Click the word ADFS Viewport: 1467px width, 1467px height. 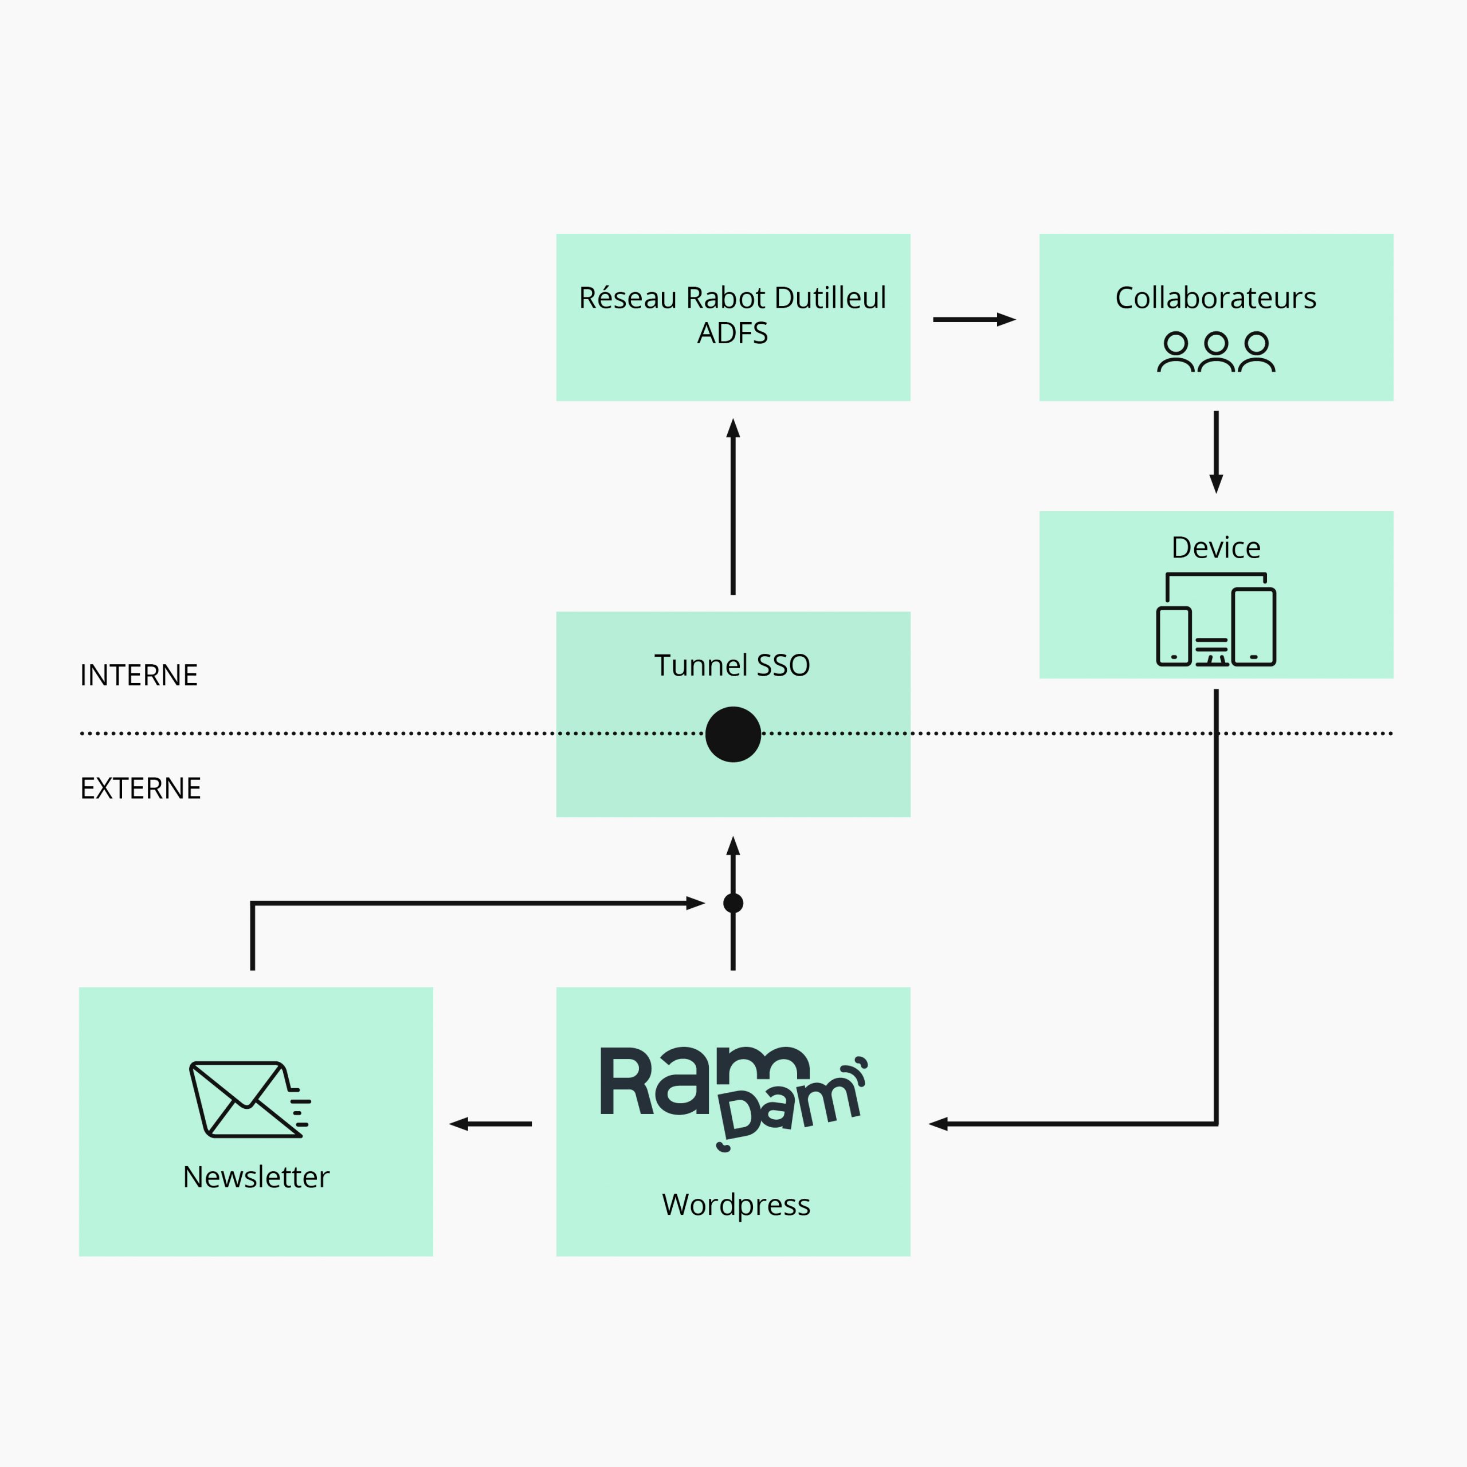(733, 334)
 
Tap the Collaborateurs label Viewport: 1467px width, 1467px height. (1215, 297)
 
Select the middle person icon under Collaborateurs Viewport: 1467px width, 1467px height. (1215, 351)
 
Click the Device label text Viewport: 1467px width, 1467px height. (1215, 547)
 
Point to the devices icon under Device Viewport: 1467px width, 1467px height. (1215, 619)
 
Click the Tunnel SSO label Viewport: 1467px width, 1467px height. (733, 665)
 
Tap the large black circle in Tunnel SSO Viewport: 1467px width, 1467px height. (733, 734)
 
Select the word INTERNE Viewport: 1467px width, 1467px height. (139, 675)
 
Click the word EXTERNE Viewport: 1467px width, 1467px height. (140, 788)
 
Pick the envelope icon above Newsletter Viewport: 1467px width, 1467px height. (250, 1100)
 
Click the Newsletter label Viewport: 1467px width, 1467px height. (256, 1177)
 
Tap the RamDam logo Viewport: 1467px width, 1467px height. (733, 1097)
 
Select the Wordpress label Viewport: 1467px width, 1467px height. (736, 1205)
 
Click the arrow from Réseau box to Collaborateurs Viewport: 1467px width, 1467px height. (974, 320)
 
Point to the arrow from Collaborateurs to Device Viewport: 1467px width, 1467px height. (1215, 453)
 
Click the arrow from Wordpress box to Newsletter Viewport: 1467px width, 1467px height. (491, 1124)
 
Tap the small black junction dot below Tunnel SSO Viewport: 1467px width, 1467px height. (733, 903)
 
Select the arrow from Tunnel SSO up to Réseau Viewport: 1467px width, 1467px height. (733, 507)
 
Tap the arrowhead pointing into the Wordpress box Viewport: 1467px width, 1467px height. (939, 1124)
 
